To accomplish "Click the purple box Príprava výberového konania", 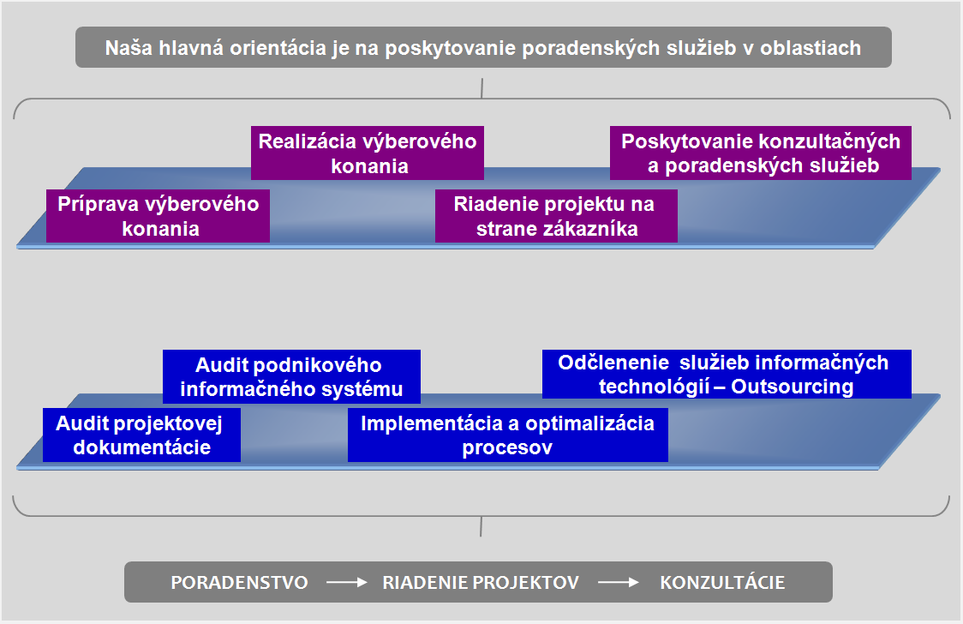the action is (x=158, y=216).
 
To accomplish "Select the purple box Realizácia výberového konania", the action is (x=368, y=153).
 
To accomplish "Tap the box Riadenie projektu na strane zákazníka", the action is (x=556, y=216).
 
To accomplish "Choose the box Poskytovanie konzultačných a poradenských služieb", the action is (x=760, y=153).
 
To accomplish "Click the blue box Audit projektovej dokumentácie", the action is (x=141, y=435).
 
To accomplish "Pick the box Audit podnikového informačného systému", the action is (x=291, y=376).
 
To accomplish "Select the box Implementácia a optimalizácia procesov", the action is (x=507, y=435).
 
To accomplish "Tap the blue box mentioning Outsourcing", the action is (x=727, y=374).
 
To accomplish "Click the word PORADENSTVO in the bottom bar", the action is (x=240, y=582).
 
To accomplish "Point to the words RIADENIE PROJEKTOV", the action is (x=481, y=582).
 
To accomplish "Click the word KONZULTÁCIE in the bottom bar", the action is (x=722, y=582).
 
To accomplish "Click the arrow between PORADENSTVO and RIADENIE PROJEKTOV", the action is (x=346, y=582).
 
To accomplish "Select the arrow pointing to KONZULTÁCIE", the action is (x=619, y=582).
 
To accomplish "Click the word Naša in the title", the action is (x=129, y=48).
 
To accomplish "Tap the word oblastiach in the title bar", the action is (x=810, y=48).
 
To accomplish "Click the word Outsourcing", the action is (x=793, y=387).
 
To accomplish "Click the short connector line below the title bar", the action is (x=482, y=88).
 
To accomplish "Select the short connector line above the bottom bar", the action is (x=481, y=526).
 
